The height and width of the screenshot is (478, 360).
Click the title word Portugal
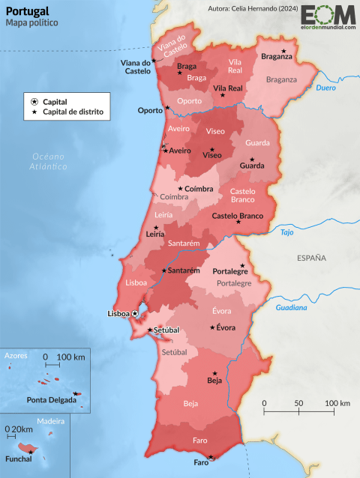28,11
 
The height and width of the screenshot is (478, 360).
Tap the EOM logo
326,16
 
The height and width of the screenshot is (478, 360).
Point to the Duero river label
325,88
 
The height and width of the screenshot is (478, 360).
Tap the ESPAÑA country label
311,258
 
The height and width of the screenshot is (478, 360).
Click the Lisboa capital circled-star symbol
136,314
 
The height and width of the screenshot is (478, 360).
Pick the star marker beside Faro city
211,456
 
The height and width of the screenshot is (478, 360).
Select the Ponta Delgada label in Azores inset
52,399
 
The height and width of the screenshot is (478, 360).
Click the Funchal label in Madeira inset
18,459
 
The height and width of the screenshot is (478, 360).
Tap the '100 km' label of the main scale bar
337,403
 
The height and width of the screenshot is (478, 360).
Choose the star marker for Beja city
216,372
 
